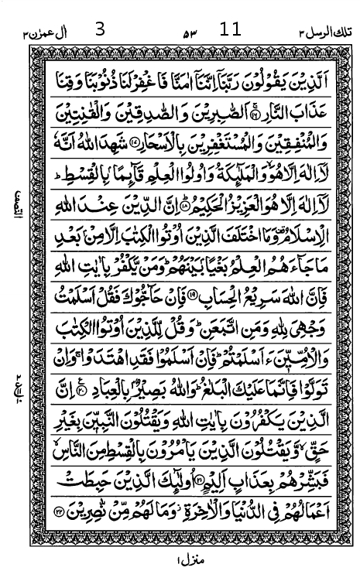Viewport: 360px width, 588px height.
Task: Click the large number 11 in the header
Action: [x=230, y=30]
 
